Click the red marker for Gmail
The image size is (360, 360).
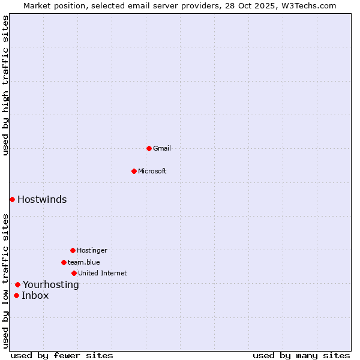(x=149, y=148)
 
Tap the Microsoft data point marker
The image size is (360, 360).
(x=134, y=171)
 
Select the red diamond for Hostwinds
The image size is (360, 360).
(x=12, y=199)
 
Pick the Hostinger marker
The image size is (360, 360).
(x=73, y=250)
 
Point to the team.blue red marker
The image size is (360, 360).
(x=64, y=262)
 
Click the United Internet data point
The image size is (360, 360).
(x=74, y=273)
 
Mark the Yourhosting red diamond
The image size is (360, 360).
(x=17, y=284)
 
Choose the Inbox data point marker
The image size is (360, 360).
(x=16, y=295)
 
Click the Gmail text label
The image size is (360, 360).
(x=162, y=148)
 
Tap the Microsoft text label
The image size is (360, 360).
(x=152, y=171)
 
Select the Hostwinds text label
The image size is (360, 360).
(x=42, y=199)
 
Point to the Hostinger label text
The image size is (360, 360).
(x=92, y=250)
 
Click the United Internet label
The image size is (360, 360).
(x=103, y=273)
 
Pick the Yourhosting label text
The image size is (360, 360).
(x=51, y=284)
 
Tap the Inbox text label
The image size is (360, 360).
(x=35, y=295)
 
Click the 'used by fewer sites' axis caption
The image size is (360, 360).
(x=62, y=355)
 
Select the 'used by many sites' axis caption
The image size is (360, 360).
(x=301, y=355)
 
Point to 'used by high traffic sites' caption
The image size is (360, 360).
(x=6, y=85)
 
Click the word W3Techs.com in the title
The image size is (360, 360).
(x=310, y=5)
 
